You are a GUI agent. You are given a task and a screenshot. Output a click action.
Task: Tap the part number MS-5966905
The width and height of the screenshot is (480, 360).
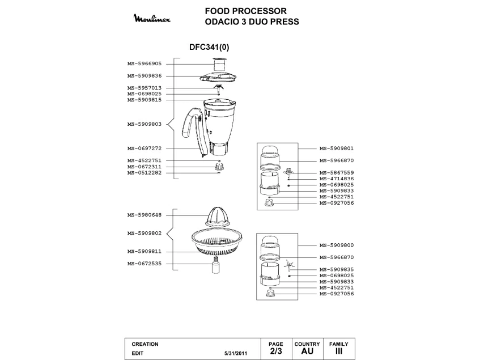tap(144, 64)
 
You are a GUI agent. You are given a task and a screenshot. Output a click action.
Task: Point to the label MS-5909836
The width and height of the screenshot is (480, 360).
tap(144, 75)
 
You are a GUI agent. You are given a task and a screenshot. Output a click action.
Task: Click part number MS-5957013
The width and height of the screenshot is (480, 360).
tap(144, 87)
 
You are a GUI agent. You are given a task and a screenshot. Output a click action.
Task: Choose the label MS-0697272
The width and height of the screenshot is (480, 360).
tap(144, 149)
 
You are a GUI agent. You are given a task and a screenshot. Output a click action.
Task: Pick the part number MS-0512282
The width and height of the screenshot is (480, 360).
tap(144, 172)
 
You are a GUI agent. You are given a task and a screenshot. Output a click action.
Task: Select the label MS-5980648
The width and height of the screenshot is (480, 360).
tap(144, 215)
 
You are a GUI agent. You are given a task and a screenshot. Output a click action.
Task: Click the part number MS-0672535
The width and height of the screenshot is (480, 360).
tap(144, 263)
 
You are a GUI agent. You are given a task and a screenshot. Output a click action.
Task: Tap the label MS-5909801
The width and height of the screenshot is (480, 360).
tap(337, 149)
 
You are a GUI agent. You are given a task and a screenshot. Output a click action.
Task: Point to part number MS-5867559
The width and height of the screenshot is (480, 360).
tap(337, 172)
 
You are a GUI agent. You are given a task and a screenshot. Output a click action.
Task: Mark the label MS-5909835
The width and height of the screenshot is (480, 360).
tap(337, 269)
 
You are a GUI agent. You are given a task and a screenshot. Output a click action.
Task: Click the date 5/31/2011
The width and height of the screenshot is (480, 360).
tap(236, 353)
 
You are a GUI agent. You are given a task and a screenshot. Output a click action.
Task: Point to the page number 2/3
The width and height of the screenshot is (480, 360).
tap(275, 351)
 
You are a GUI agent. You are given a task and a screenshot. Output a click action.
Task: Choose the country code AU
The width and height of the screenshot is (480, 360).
tap(307, 351)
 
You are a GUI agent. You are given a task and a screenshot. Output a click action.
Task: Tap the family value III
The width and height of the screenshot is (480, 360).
tap(339, 351)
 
